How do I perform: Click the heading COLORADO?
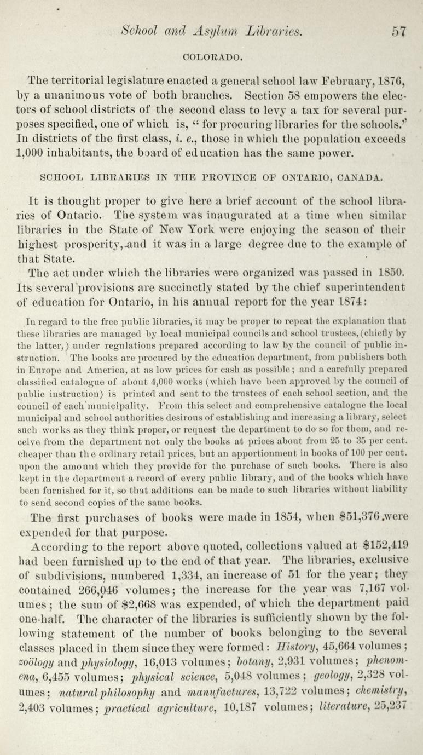pyautogui.click(x=211, y=55)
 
